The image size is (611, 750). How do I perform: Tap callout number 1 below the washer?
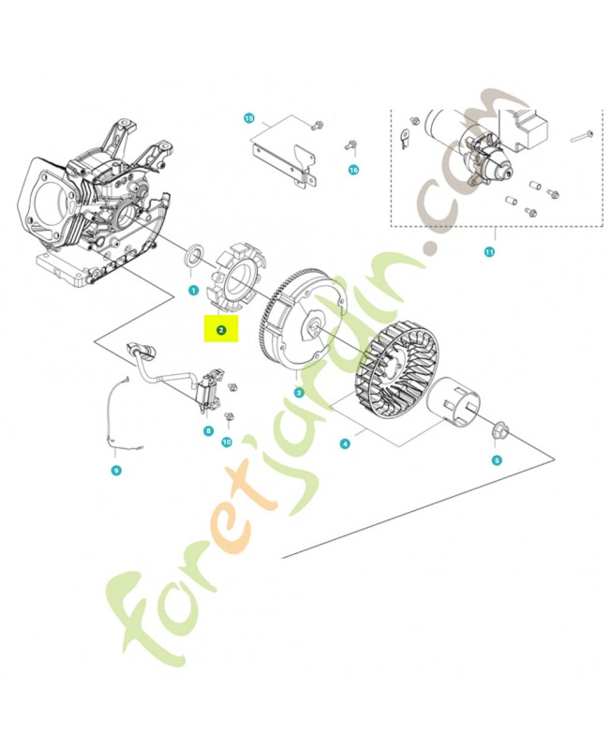click(191, 290)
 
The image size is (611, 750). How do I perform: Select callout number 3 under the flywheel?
click(298, 393)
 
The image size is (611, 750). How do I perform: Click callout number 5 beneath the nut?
click(498, 459)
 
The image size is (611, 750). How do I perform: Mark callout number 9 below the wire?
click(116, 470)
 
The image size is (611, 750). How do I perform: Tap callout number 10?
click(226, 441)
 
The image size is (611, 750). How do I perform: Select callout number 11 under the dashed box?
click(488, 252)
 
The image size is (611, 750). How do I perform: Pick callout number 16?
click(353, 170)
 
